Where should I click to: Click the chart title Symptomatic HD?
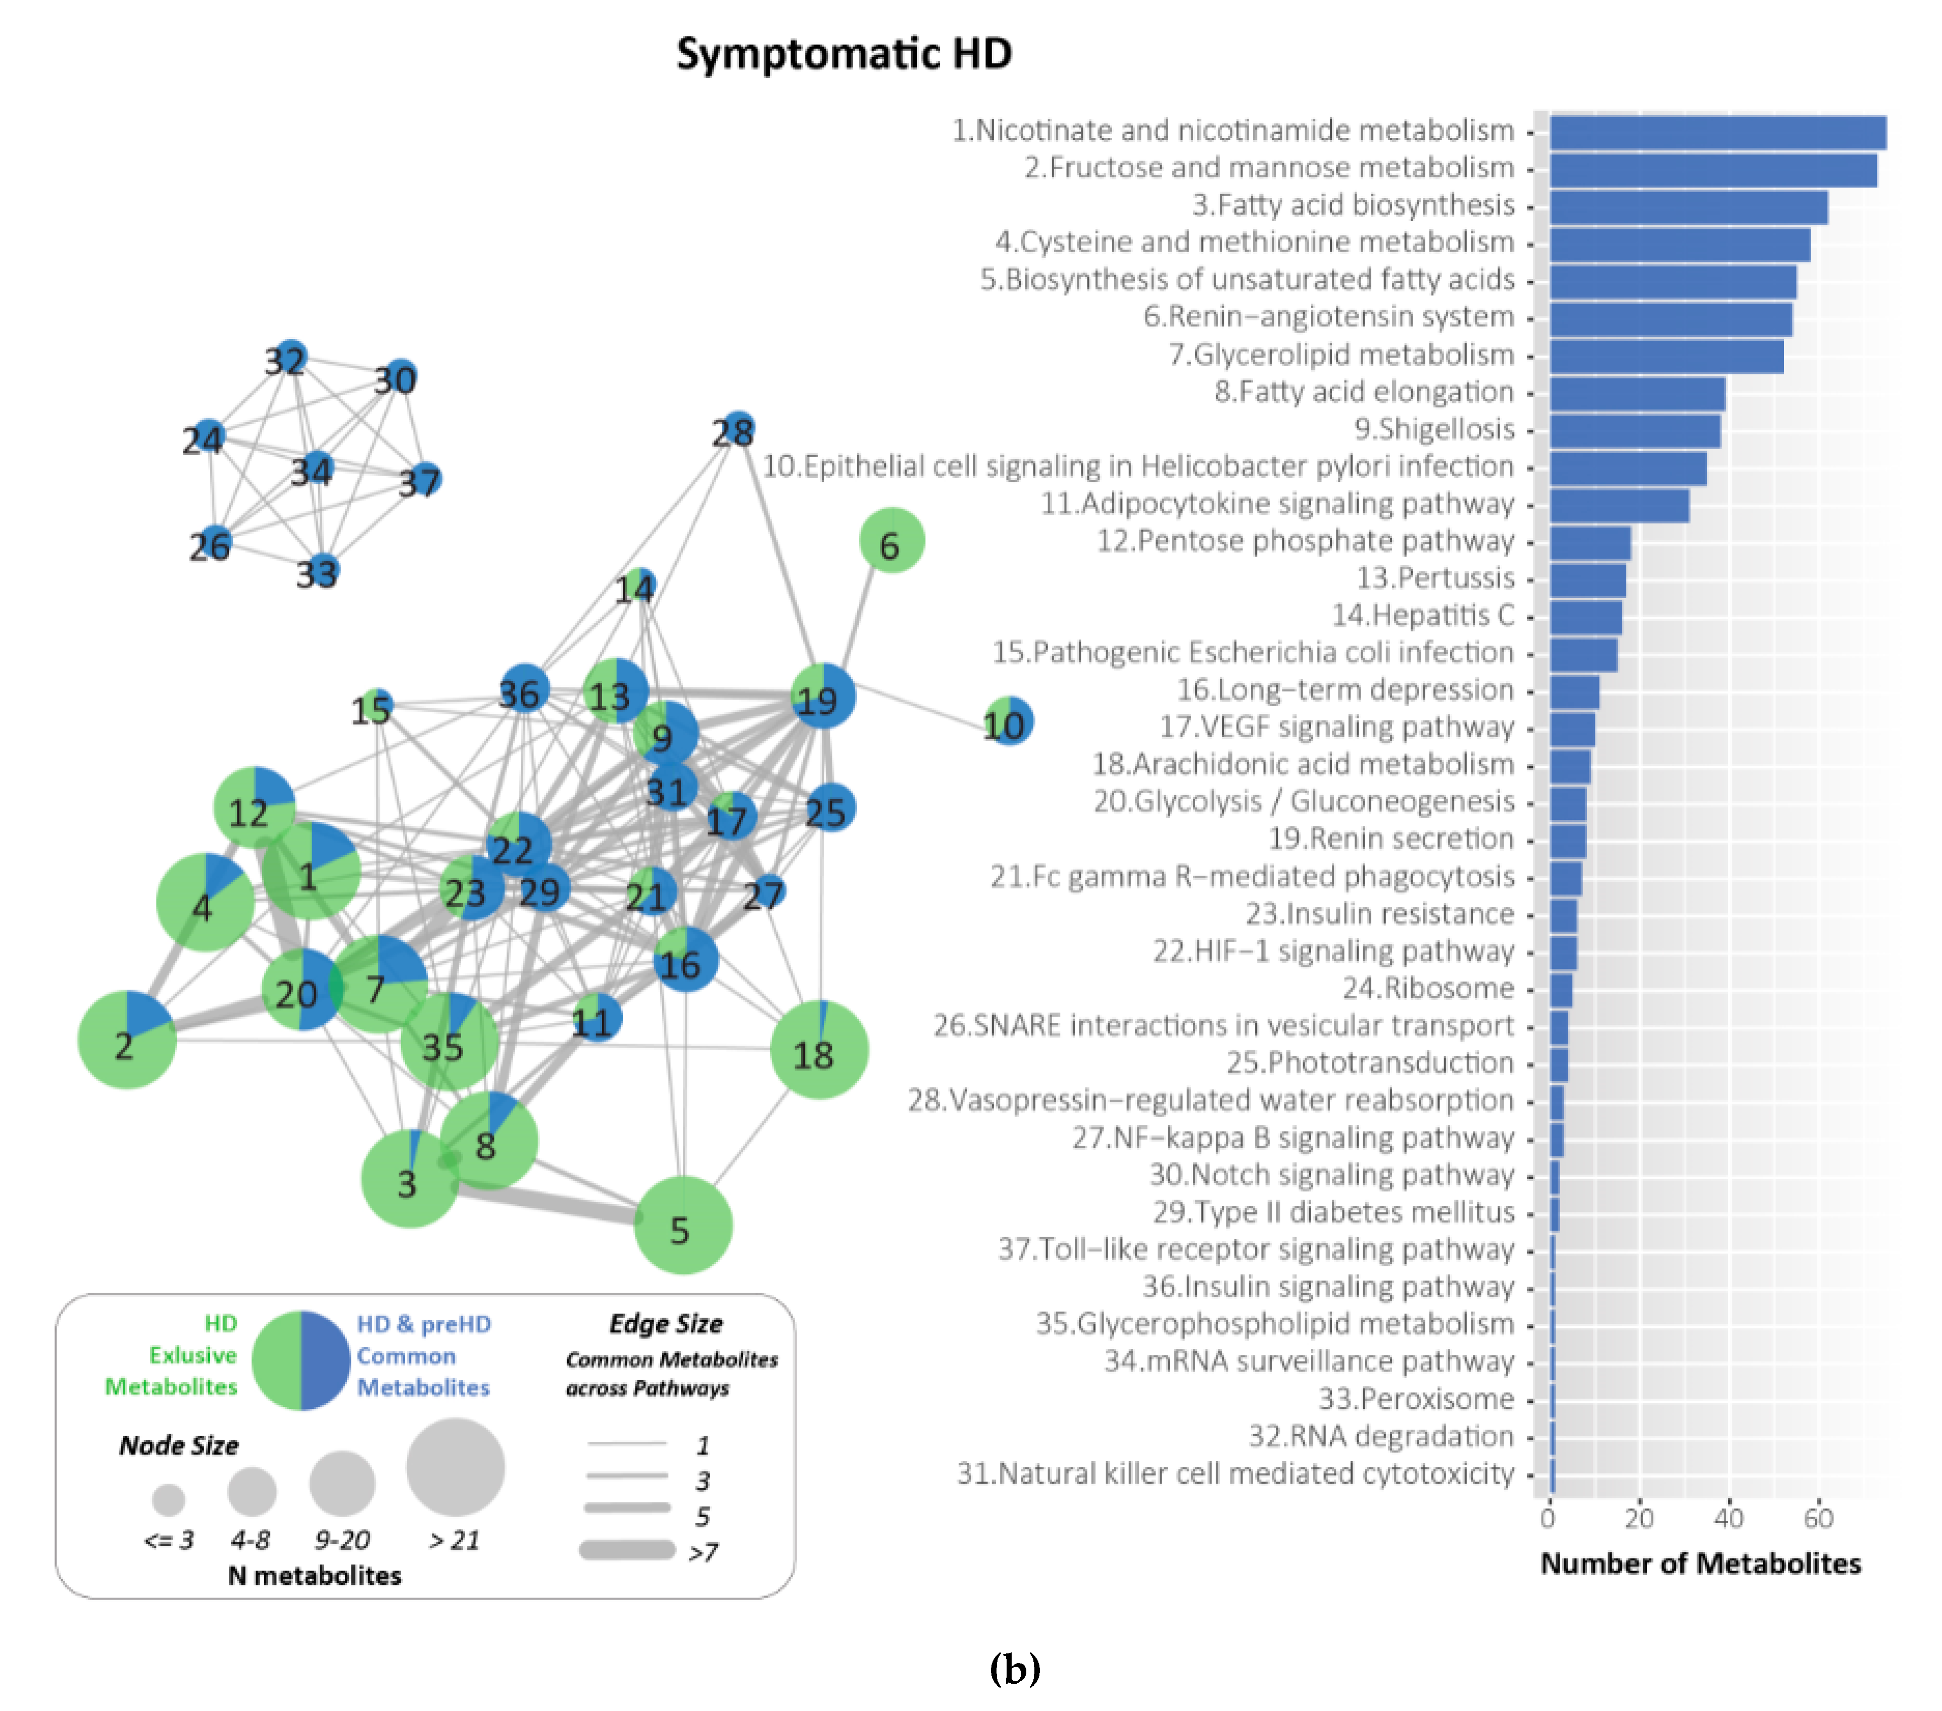[843, 54]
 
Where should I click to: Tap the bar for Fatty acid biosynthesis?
[1687, 207]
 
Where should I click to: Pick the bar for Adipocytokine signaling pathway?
[1618, 505]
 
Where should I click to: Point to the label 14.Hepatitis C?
[1422, 616]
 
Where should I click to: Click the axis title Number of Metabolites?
[1700, 1563]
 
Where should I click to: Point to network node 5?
[682, 1226]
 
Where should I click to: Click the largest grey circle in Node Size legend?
[455, 1467]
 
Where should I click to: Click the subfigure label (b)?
[1014, 1667]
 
